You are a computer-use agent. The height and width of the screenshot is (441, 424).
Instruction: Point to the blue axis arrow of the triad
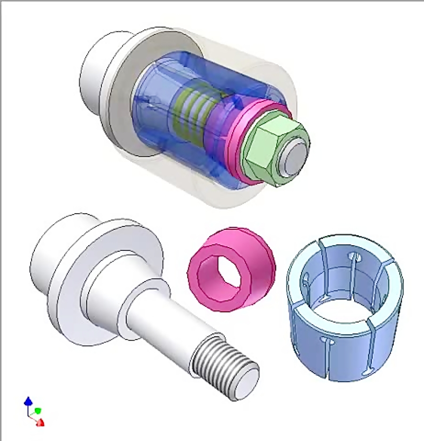pyautogui.click(x=28, y=401)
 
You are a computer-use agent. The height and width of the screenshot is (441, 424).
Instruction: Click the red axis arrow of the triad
pyautogui.click(x=41, y=422)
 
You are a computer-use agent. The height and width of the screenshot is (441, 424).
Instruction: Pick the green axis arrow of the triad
pyautogui.click(x=38, y=411)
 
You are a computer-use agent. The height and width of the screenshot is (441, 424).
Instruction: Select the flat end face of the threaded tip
pyautogui.click(x=245, y=384)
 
